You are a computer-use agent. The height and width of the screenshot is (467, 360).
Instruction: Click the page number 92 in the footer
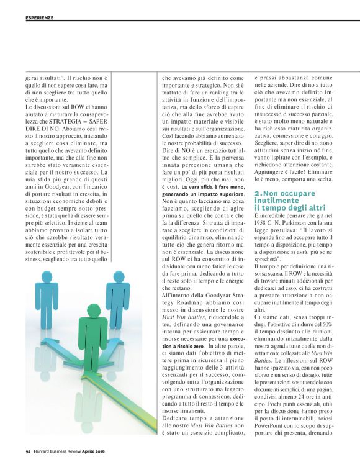[29, 451]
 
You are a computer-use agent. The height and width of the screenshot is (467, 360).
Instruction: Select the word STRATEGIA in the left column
[79, 121]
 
